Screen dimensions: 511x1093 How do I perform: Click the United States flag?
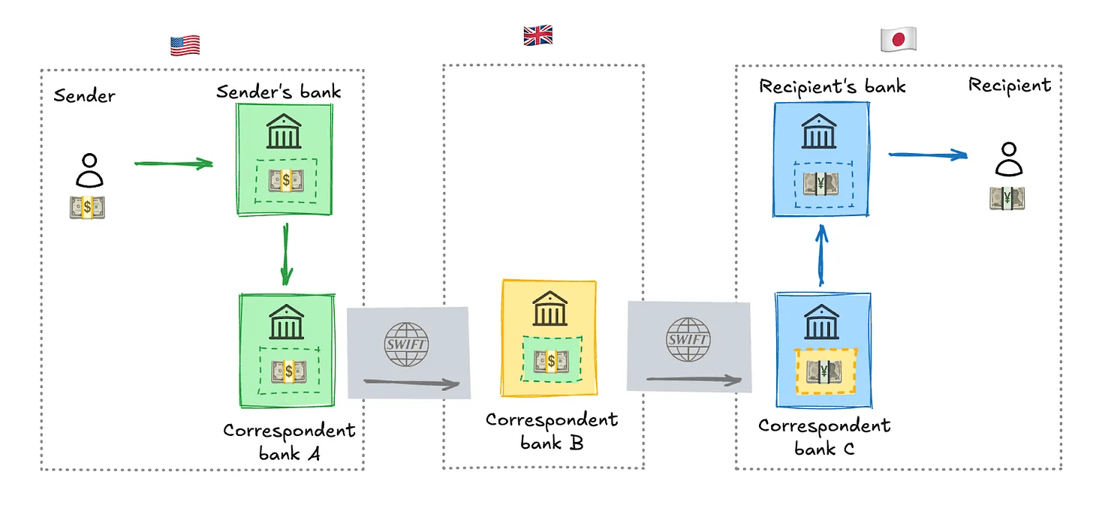tap(185, 46)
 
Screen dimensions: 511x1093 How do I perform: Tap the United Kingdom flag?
tap(537, 35)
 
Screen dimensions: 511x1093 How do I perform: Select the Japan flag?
tap(898, 40)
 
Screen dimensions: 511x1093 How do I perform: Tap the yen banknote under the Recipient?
tap(1007, 197)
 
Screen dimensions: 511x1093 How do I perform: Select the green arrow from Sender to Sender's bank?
tap(173, 162)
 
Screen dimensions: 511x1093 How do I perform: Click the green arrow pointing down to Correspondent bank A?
tap(286, 255)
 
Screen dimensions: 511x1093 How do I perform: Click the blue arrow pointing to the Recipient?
tap(928, 155)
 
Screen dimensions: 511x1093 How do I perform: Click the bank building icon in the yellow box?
tap(550, 309)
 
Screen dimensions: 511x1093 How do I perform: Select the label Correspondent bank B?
tap(550, 431)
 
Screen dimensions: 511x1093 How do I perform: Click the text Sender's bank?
tap(279, 92)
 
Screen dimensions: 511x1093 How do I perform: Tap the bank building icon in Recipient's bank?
tap(820, 133)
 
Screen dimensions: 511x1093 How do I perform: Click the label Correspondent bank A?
tap(288, 442)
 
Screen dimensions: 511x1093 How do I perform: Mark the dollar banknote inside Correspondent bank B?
tap(551, 362)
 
